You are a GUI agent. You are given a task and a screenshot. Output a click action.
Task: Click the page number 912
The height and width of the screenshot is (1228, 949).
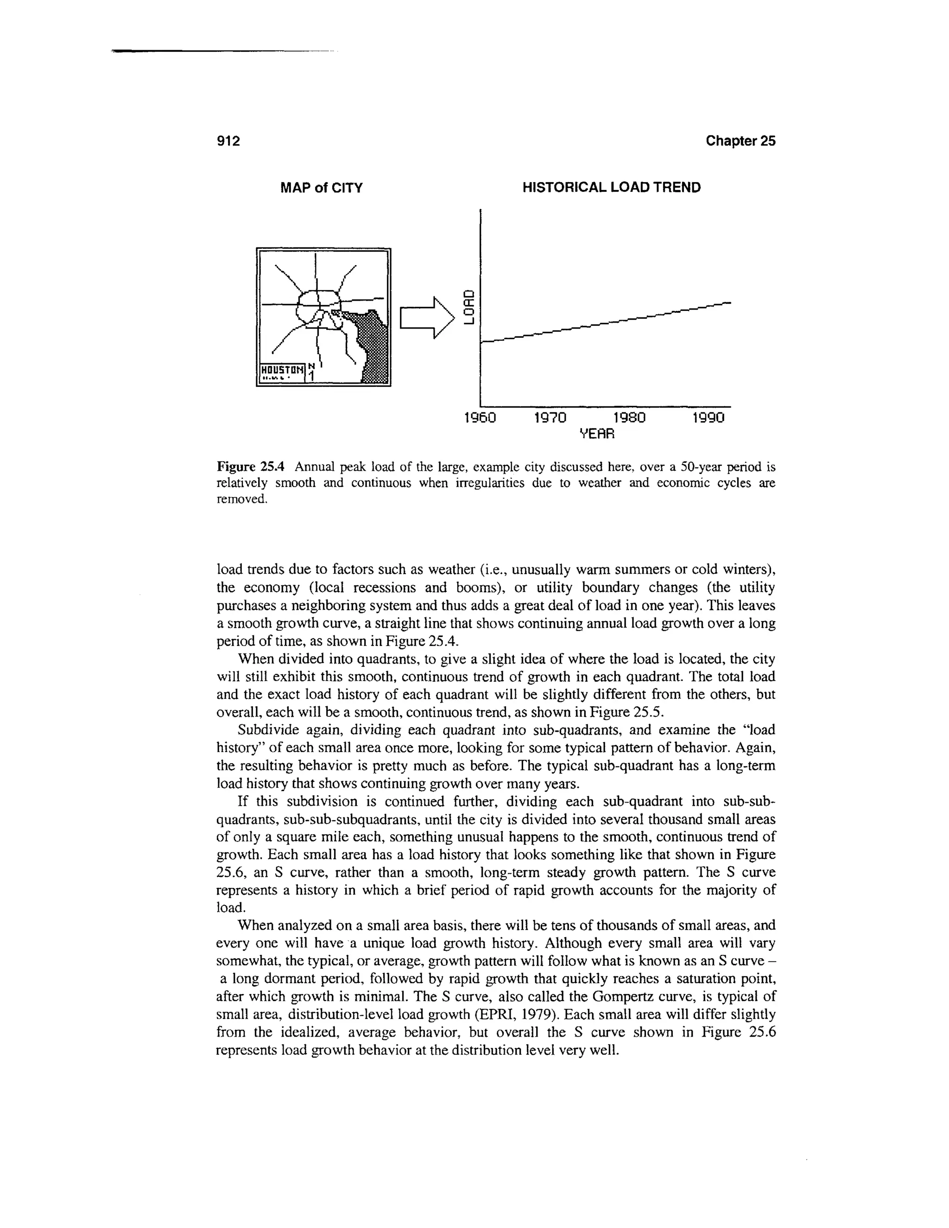tap(228, 141)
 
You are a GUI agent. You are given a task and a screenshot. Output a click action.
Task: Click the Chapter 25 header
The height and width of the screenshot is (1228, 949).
tap(740, 141)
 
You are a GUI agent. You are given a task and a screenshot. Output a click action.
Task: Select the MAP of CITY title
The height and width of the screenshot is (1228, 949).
tap(322, 188)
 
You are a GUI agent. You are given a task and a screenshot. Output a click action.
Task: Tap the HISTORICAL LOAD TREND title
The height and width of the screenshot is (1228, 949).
tap(612, 188)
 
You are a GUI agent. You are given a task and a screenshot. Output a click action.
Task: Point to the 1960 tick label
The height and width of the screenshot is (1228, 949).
tap(480, 418)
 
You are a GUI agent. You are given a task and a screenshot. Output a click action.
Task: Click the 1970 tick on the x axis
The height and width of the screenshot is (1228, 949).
tap(550, 418)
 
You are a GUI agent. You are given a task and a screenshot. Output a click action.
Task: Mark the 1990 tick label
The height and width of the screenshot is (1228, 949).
tap(709, 418)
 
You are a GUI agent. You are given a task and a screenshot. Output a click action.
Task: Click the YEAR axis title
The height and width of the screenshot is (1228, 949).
tap(597, 434)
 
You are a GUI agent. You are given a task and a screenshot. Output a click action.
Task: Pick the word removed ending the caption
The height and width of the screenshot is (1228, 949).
tap(240, 499)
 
